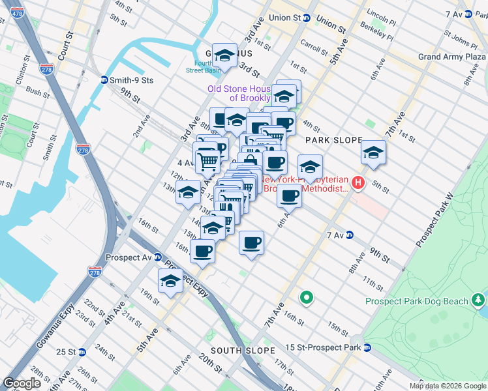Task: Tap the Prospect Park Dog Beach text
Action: (416, 301)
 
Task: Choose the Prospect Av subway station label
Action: (125, 257)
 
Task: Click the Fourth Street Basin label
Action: (204, 66)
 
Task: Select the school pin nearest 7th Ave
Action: (373, 152)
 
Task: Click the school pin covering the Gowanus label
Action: (224, 55)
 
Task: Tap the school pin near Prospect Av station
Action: (170, 282)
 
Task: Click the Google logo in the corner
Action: (22, 383)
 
